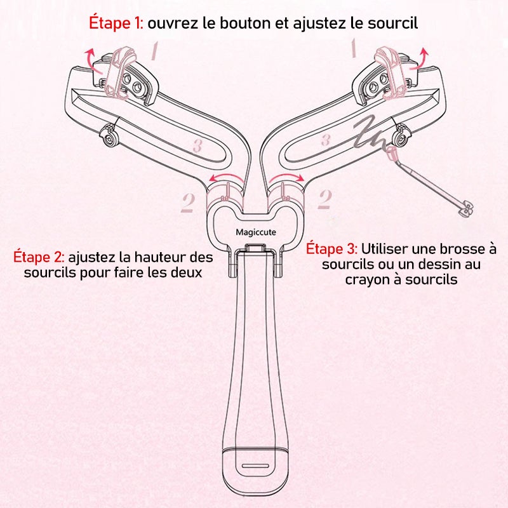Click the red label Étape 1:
(x=116, y=23)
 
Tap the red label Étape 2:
(x=39, y=257)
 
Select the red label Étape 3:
(x=331, y=249)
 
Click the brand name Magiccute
(x=256, y=232)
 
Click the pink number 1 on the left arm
(x=154, y=51)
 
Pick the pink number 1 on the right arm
(x=354, y=48)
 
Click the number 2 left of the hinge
(x=187, y=202)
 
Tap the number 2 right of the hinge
(x=324, y=199)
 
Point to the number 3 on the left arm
(x=197, y=145)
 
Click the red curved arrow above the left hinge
(x=226, y=177)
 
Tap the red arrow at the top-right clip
(x=420, y=59)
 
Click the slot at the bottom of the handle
(x=255, y=466)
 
